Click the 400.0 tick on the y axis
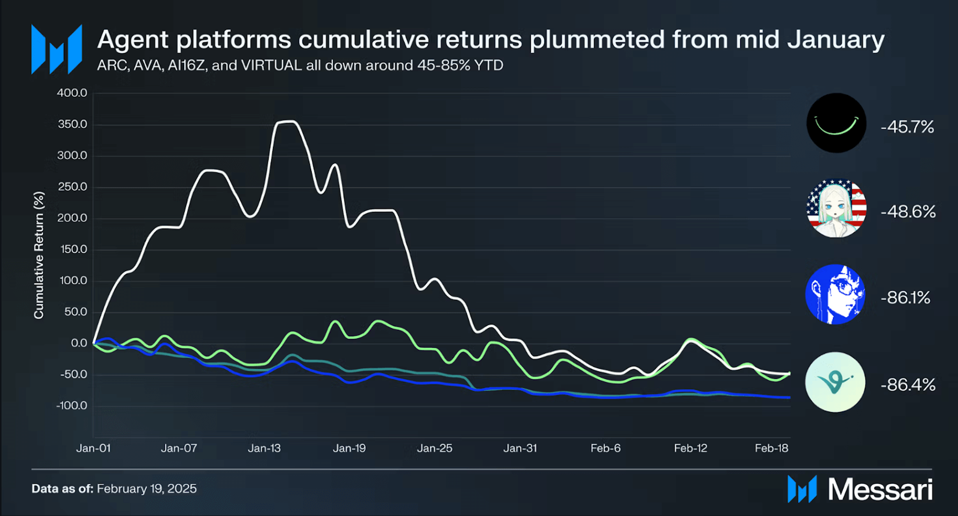(x=72, y=93)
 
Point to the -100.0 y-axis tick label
(x=72, y=405)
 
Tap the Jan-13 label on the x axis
(x=264, y=448)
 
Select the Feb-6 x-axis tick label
(x=605, y=448)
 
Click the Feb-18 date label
(x=771, y=448)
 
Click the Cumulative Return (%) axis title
(x=39, y=255)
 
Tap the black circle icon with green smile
(x=836, y=123)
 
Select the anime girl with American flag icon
(x=836, y=208)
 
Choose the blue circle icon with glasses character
(x=835, y=294)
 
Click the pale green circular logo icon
(x=835, y=382)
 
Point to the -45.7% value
(x=907, y=127)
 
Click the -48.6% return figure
(x=908, y=212)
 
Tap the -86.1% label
(x=905, y=298)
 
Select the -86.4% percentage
(x=908, y=385)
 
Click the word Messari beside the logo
(x=880, y=489)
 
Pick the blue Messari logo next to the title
(x=57, y=49)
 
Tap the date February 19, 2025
(x=147, y=488)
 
